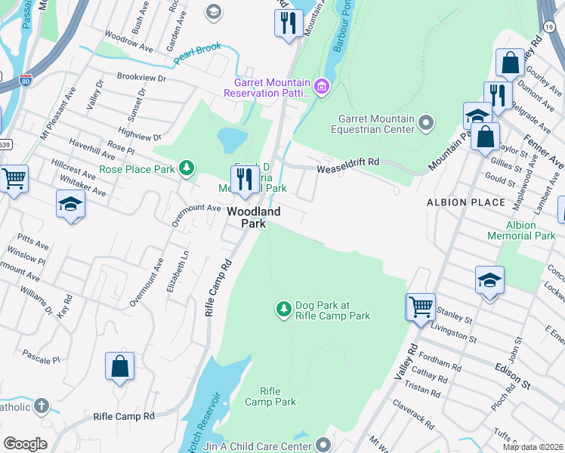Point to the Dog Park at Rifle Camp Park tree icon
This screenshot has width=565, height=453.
(283, 309)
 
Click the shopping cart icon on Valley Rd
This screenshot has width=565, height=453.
(421, 307)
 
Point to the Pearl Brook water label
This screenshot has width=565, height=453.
(197, 53)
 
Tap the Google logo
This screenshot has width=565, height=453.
(26, 444)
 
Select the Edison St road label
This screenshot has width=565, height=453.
(512, 374)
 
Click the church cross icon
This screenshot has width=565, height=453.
(41, 406)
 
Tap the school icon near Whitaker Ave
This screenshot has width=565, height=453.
(71, 204)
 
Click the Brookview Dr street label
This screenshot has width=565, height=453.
(141, 77)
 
